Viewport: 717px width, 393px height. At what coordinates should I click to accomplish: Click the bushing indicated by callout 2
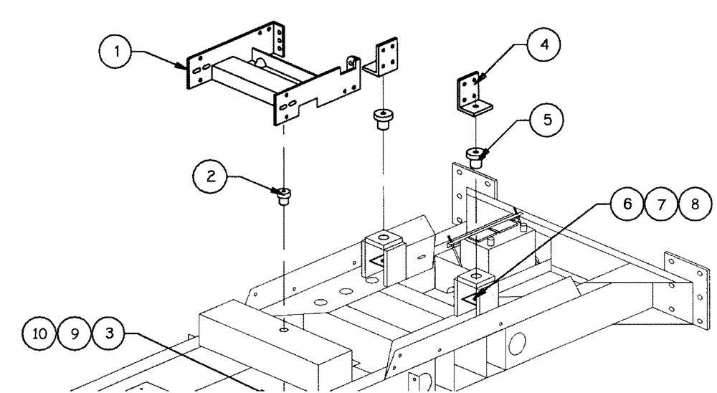pos(284,195)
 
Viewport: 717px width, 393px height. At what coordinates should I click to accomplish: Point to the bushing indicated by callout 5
pos(475,156)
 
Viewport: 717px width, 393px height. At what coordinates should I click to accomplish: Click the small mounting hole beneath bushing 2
pos(285,330)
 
